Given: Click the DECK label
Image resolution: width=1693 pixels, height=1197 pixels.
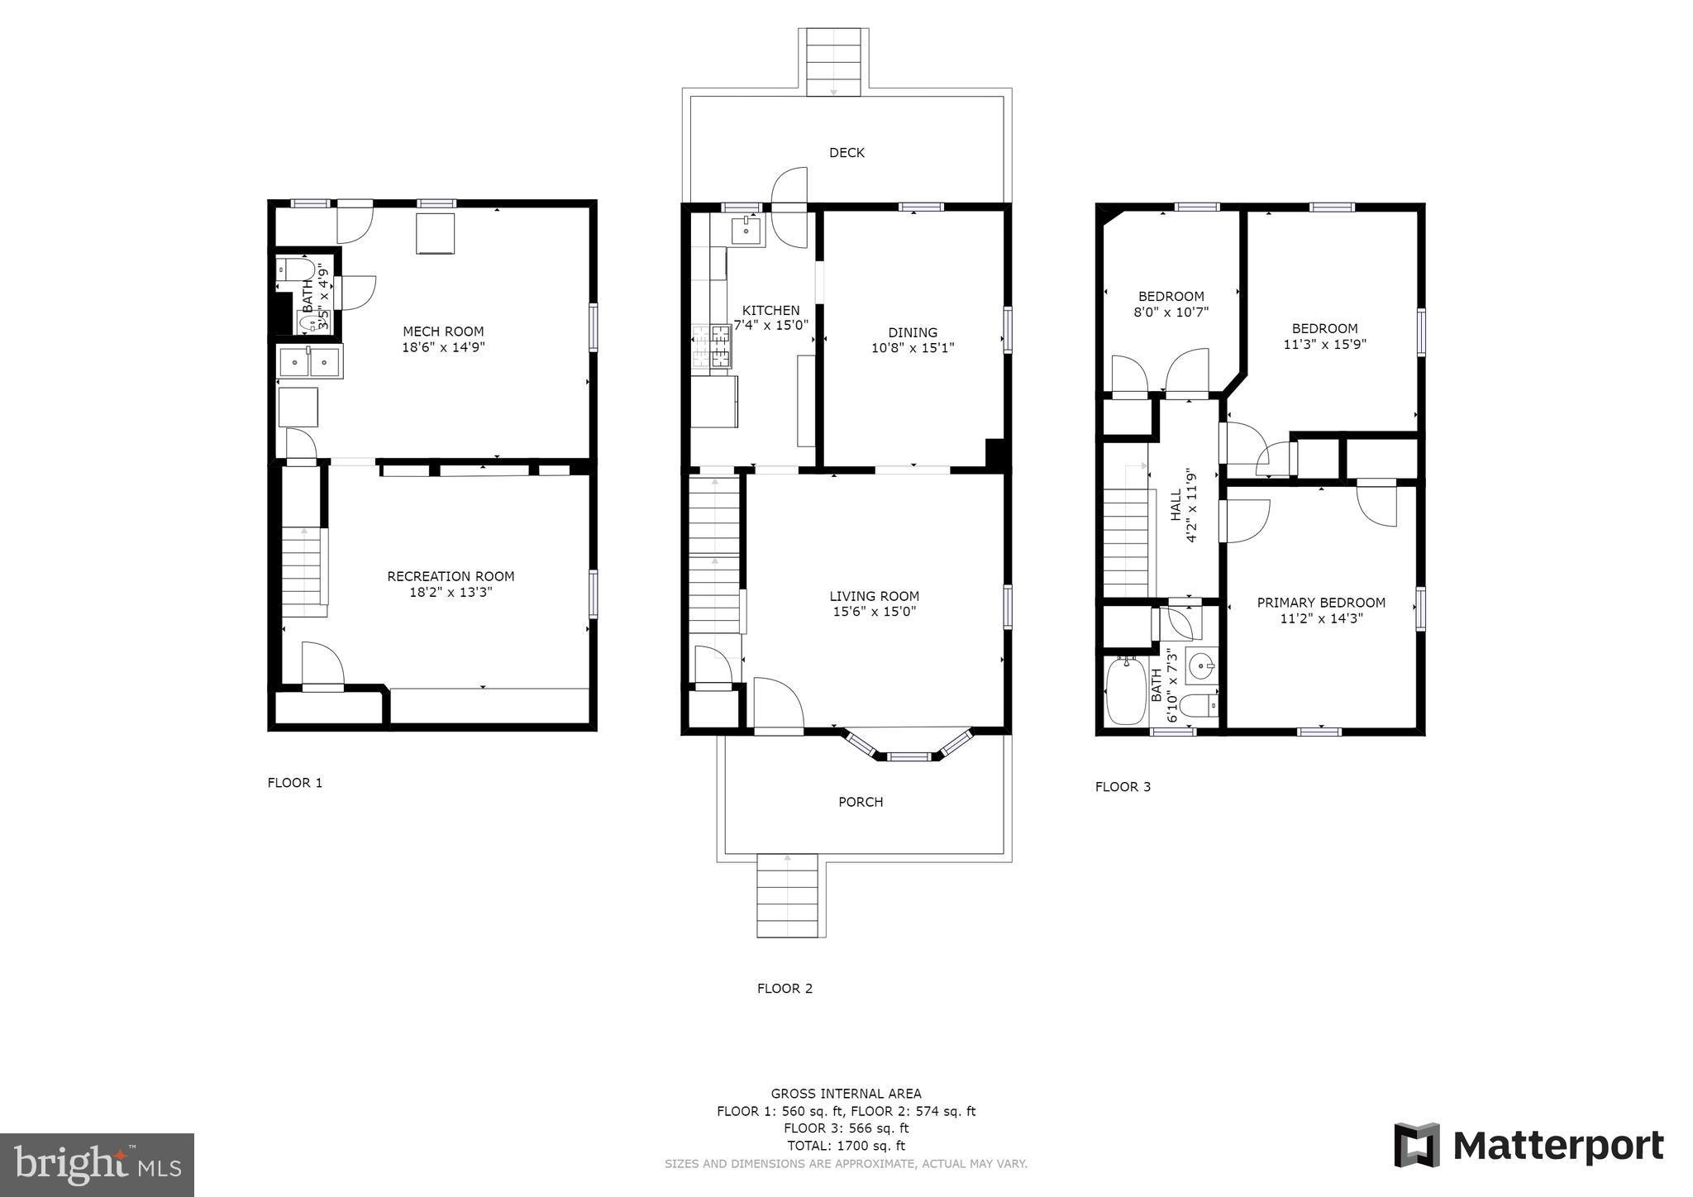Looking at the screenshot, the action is point(846,153).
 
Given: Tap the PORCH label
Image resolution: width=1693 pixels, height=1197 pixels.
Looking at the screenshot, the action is point(861,802).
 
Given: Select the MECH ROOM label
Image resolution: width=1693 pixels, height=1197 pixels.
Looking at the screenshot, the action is point(443,332).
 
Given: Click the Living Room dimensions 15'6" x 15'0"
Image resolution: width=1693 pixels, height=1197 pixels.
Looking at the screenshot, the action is point(875,612).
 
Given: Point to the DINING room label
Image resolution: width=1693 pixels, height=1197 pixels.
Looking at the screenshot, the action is point(913,333).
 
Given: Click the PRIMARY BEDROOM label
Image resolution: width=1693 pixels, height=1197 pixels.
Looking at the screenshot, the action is point(1321,603).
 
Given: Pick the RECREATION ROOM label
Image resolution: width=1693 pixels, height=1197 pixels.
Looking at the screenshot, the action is point(451,576).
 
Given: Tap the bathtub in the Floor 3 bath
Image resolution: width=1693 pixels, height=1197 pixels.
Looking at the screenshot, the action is point(1126,691).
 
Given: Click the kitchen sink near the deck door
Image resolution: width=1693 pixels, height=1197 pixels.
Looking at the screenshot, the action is point(747,231).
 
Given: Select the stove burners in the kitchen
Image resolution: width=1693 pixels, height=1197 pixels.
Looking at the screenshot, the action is point(713,346).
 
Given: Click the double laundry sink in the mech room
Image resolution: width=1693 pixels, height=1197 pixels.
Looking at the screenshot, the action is point(309,362).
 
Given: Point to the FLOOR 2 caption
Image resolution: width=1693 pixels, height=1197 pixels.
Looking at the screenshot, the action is point(785,989).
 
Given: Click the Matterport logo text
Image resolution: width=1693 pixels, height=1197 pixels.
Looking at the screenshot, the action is point(1558,1146).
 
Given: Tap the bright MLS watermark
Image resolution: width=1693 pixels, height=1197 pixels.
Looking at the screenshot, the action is point(98,1166).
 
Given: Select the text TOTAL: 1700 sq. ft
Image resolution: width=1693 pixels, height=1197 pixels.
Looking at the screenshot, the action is point(846,1146).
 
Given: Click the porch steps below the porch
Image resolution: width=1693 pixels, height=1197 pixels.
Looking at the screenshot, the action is point(788,896).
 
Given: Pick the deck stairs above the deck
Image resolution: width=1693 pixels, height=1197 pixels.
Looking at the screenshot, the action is point(833,63).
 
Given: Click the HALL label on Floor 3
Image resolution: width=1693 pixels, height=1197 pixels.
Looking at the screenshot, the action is point(1176,506).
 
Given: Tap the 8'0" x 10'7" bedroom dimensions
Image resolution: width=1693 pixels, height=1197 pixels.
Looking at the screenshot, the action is point(1171,312).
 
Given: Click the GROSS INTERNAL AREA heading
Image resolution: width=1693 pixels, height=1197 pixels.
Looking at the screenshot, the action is point(846,1094).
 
